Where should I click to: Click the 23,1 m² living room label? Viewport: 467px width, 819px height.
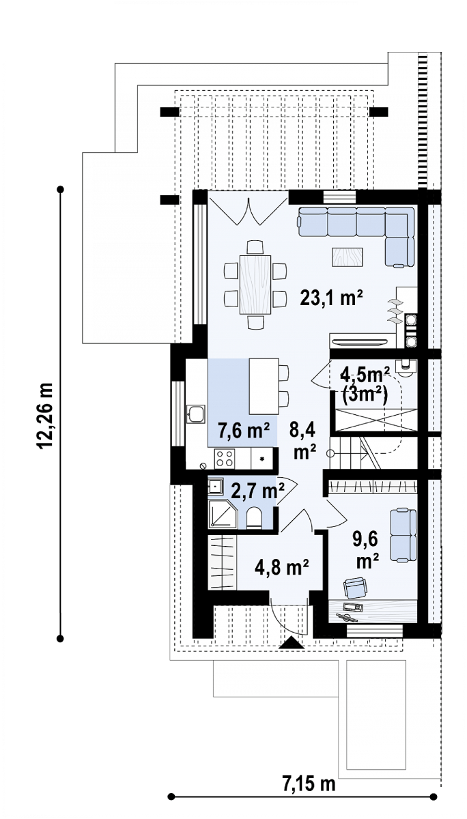click(x=331, y=298)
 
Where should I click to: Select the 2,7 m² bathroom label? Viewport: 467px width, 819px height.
click(x=258, y=492)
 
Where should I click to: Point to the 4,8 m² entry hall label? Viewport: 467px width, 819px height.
click(x=282, y=567)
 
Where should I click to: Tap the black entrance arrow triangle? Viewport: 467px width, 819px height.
click(x=291, y=642)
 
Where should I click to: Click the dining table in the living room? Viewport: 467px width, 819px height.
click(x=255, y=285)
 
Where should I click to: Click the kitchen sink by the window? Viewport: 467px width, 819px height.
click(x=197, y=414)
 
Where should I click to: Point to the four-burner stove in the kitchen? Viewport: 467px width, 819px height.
click(x=225, y=458)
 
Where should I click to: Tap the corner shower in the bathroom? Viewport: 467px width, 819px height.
click(x=223, y=514)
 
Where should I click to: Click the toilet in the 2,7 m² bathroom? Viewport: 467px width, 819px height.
click(x=255, y=517)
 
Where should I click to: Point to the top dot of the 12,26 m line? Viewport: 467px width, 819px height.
click(x=61, y=190)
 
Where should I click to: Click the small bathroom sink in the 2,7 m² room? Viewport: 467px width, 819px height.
click(x=214, y=486)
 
